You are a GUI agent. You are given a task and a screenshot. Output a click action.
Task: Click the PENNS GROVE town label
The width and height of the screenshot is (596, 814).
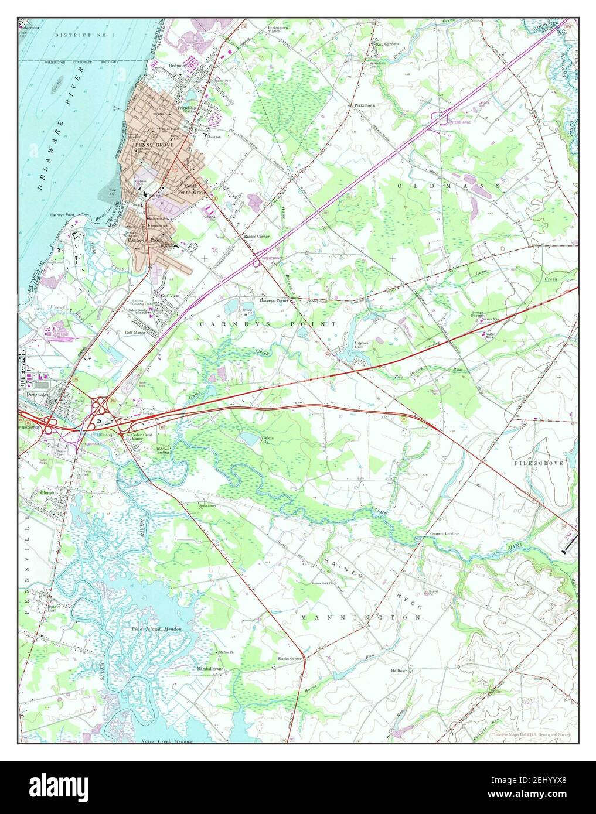tap(147, 143)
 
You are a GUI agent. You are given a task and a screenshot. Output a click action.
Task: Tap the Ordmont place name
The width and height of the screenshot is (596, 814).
tap(177, 66)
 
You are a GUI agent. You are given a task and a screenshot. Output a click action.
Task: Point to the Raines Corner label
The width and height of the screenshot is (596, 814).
tap(257, 236)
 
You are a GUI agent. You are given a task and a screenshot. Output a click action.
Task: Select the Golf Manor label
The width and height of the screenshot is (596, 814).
tap(134, 332)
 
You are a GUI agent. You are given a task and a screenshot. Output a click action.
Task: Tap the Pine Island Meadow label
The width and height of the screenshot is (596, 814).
tap(156, 628)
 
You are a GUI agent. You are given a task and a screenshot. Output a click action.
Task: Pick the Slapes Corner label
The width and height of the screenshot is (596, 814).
tap(290, 659)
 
